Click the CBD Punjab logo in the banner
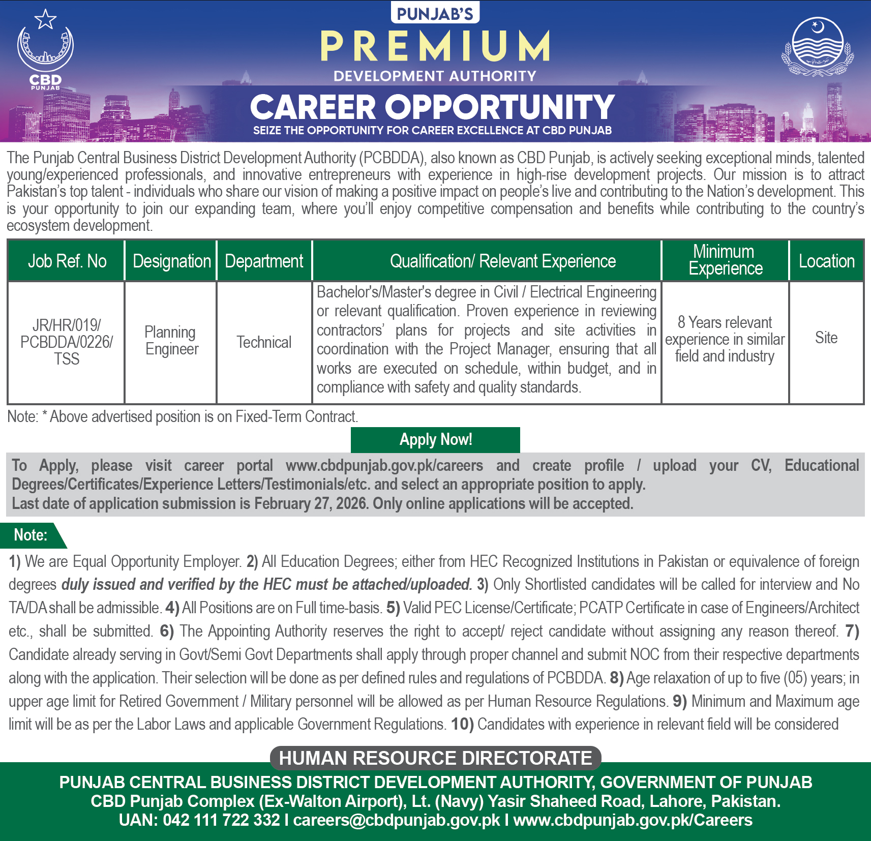pyautogui.click(x=45, y=51)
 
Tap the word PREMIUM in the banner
pyautogui.click(x=435, y=46)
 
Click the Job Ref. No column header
pyautogui.click(x=67, y=261)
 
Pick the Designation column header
pyautogui.click(x=171, y=261)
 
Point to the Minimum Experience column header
pyautogui.click(x=725, y=260)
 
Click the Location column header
pyautogui.click(x=826, y=261)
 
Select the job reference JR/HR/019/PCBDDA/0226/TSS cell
pyautogui.click(x=67, y=342)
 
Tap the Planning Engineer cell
pyautogui.click(x=171, y=341)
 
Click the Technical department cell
pyautogui.click(x=264, y=342)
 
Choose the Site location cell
pyautogui.click(x=826, y=338)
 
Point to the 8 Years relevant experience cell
pyautogui.click(x=725, y=339)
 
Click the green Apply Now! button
pyautogui.click(x=435, y=440)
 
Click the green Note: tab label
pyautogui.click(x=31, y=535)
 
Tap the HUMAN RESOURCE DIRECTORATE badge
pyautogui.click(x=435, y=758)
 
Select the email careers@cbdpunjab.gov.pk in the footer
pyautogui.click(x=397, y=820)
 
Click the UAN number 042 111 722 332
pyautogui.click(x=221, y=820)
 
